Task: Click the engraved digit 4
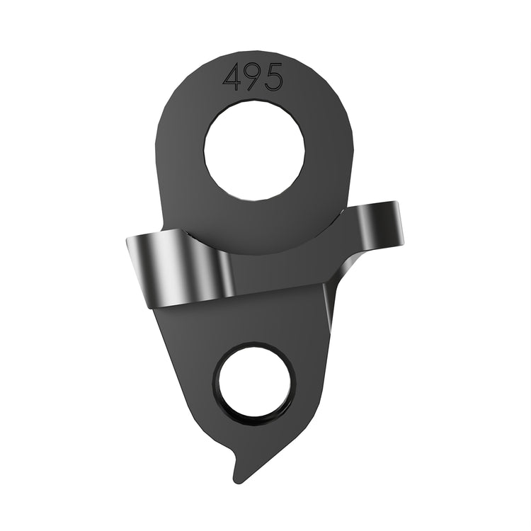click(232, 77)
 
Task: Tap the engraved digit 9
click(253, 77)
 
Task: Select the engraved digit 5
click(273, 77)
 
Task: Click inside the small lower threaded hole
click(256, 383)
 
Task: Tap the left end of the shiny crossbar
click(132, 262)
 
